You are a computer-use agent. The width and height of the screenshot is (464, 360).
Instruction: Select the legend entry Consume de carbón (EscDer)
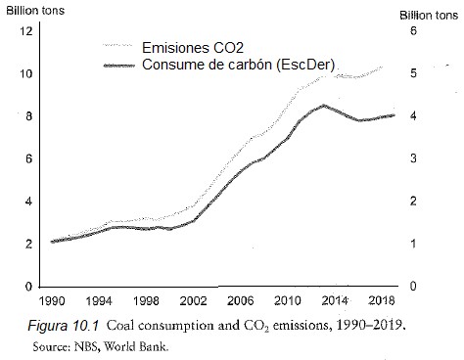246,65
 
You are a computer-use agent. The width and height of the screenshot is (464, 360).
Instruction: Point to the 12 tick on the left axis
26,31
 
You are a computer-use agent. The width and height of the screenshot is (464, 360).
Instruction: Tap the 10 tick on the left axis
26,74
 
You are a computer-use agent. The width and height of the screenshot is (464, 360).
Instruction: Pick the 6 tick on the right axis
412,31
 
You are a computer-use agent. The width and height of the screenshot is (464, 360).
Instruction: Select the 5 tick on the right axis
412,73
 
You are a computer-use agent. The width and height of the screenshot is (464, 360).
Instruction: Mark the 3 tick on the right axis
412,158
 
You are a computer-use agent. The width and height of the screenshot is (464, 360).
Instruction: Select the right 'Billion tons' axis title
429,16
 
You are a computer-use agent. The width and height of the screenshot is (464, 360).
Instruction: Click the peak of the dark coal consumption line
324,106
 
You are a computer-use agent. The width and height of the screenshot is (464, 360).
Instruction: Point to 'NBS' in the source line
103,343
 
